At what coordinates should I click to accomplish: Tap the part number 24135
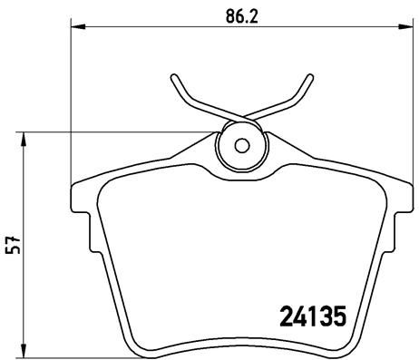point(310,319)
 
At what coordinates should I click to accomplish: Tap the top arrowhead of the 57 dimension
point(25,137)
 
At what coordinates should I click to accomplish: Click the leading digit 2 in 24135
point(280,319)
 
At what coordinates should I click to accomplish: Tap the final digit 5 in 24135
point(340,319)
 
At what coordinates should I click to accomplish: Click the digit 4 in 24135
point(296,319)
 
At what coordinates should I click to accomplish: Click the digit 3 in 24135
point(325,319)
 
